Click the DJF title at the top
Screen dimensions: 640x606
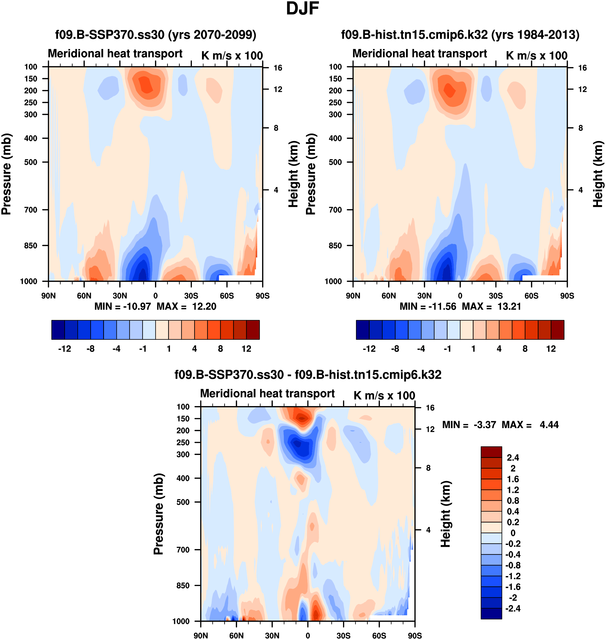coord(302,9)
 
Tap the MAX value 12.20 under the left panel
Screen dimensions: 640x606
coord(204,306)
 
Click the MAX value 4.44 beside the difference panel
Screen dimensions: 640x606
coord(549,425)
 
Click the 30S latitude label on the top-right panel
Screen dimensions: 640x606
coord(496,296)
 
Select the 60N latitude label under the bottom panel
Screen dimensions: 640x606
coord(236,636)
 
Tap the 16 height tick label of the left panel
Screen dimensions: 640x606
coord(278,68)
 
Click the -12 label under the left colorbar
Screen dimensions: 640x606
coord(65,349)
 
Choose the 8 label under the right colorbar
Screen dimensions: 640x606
coord(525,349)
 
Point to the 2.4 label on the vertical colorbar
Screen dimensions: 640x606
coord(513,458)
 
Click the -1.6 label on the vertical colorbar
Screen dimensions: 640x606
coord(513,587)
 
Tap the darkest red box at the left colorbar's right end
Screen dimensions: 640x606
coord(253,330)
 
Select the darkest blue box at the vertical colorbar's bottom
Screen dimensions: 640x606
coord(491,613)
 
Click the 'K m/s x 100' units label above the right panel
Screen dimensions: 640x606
coord(536,56)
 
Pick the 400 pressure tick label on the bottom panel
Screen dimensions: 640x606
coord(183,478)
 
